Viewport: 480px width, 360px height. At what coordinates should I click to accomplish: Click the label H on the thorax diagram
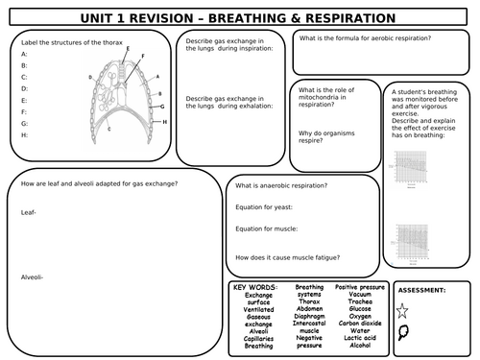(165, 122)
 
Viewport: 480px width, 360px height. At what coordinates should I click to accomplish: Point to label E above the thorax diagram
(127, 48)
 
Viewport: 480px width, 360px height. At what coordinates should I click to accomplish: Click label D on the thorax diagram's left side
(89, 76)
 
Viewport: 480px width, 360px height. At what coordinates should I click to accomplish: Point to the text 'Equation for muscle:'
(268, 228)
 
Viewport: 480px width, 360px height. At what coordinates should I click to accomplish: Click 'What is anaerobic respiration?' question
(281, 185)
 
